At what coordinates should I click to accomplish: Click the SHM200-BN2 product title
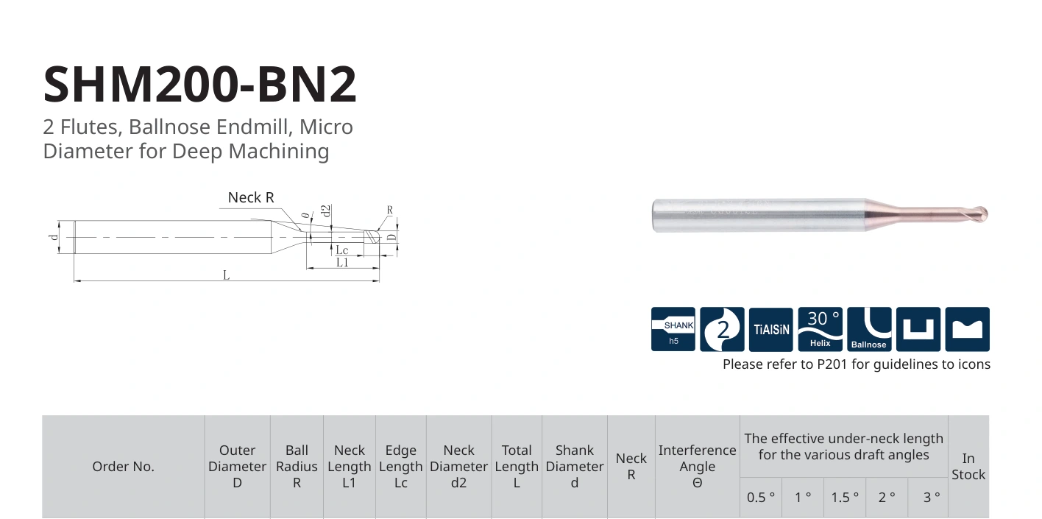click(199, 84)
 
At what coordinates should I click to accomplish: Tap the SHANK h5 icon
click(673, 329)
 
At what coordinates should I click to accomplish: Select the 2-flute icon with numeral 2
click(722, 329)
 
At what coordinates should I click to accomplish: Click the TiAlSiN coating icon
click(770, 329)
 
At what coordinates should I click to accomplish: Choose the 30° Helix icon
click(820, 329)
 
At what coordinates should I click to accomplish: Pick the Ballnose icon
click(869, 329)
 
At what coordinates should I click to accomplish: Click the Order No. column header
click(124, 467)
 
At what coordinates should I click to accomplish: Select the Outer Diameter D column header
click(237, 467)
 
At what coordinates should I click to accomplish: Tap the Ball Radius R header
click(297, 467)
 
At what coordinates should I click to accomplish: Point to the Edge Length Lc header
click(400, 467)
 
